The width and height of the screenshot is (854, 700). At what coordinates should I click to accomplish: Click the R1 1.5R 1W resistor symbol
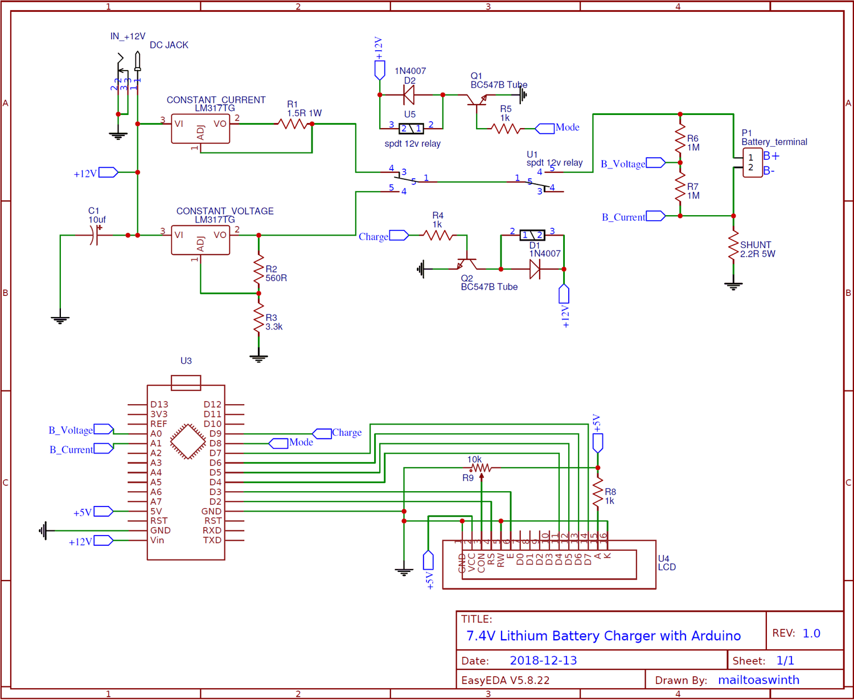(293, 123)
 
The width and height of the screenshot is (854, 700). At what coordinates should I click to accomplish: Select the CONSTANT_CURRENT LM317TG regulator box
(200, 129)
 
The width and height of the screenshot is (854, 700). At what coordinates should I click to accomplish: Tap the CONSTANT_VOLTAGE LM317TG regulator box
(200, 240)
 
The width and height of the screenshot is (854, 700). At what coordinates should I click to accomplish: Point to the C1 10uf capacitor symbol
(95, 235)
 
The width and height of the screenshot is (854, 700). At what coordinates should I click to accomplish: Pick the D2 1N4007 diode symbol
(409, 95)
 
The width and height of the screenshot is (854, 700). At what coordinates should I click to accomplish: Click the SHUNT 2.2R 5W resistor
(733, 246)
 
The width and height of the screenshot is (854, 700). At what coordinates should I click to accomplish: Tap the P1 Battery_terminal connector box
(752, 163)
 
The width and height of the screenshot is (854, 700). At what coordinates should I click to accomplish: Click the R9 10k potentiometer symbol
(481, 468)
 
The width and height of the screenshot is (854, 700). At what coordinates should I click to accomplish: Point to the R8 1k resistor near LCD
(597, 492)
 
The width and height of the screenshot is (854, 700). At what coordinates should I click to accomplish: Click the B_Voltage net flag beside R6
(655, 163)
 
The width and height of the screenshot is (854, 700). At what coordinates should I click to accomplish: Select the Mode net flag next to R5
(545, 128)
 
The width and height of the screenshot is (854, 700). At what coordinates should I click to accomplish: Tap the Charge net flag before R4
(399, 236)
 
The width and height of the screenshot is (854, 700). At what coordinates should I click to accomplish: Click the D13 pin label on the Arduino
(159, 405)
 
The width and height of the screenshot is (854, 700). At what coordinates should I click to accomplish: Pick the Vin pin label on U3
(157, 540)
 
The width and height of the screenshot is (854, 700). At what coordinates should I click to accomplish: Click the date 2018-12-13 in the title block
(543, 661)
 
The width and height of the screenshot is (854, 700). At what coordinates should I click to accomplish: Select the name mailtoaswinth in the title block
(758, 680)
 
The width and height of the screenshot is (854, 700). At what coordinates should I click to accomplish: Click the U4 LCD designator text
(667, 563)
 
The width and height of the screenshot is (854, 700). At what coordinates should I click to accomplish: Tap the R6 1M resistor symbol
(680, 139)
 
